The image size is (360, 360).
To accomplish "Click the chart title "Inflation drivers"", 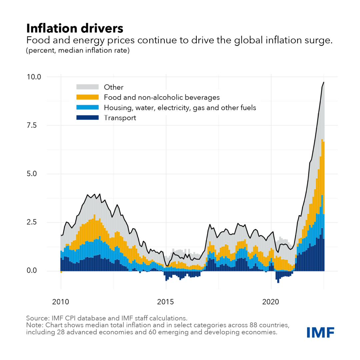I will (x=75, y=28).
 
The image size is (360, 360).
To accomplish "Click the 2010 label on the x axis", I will (x=61, y=302).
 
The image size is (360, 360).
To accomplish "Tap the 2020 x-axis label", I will (x=271, y=302).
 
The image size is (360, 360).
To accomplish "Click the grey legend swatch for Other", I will (x=88, y=87).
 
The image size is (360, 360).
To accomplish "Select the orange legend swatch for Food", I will (x=88, y=97).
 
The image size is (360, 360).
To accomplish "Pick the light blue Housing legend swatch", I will (x=88, y=107).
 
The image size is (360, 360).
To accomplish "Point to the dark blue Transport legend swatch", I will (x=88, y=118).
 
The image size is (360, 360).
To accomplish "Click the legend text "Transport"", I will (x=120, y=118).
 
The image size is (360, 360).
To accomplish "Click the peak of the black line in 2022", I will (x=324, y=82).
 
